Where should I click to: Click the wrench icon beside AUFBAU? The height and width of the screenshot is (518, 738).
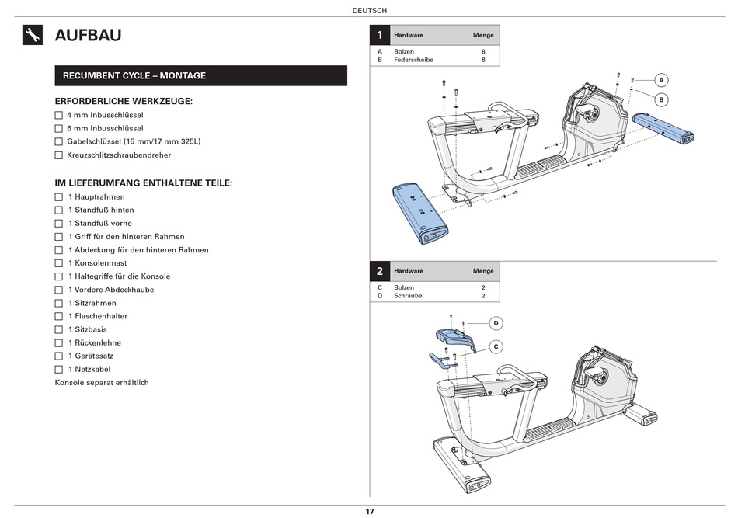(x=33, y=35)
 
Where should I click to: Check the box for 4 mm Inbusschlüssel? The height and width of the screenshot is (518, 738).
(x=58, y=115)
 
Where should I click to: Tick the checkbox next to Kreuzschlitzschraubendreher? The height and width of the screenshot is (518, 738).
(x=58, y=155)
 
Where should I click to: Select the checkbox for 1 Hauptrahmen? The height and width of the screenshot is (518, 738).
(x=58, y=197)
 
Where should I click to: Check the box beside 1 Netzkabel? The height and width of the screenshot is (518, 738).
(x=58, y=370)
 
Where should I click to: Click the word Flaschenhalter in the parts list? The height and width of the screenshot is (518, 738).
(x=101, y=317)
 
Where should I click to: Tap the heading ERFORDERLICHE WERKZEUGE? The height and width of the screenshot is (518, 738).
(x=124, y=101)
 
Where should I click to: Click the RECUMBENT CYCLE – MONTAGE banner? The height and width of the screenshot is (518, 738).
(x=200, y=75)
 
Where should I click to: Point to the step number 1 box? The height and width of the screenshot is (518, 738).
(x=379, y=35)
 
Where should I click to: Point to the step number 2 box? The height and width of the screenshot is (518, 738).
(x=379, y=271)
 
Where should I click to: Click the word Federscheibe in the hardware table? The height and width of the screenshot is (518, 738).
(x=413, y=60)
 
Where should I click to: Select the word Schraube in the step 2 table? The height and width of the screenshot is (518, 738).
(x=407, y=296)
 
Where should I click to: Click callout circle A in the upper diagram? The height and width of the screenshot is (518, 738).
(x=661, y=80)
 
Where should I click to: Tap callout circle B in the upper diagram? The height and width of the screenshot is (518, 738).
(x=661, y=99)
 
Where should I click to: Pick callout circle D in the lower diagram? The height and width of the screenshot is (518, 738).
(x=496, y=323)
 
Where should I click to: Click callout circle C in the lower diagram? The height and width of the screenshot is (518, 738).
(x=496, y=346)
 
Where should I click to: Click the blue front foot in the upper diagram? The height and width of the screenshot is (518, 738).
(x=420, y=214)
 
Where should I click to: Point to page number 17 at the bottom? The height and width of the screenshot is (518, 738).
(x=370, y=512)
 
